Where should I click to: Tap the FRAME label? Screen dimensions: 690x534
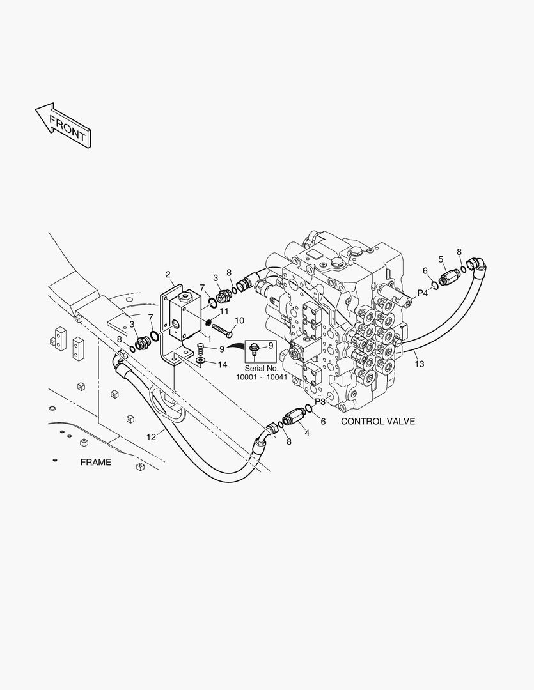pos(95,462)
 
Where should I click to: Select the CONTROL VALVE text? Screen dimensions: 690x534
pos(377,422)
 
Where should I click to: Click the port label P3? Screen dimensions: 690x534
pos(320,402)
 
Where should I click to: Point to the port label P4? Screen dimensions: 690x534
pos(423,293)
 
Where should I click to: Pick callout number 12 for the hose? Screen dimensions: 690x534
pos(152,438)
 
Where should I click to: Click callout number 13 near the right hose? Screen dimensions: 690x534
pos(419,364)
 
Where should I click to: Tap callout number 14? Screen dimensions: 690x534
pos(222,365)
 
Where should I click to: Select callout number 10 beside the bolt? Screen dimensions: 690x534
pos(239,320)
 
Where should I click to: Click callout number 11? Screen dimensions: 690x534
pos(224,310)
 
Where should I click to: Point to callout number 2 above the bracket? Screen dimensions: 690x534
pos(168,275)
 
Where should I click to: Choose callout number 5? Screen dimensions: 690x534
pos(441,259)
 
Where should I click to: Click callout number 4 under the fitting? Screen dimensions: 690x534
pos(306,433)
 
